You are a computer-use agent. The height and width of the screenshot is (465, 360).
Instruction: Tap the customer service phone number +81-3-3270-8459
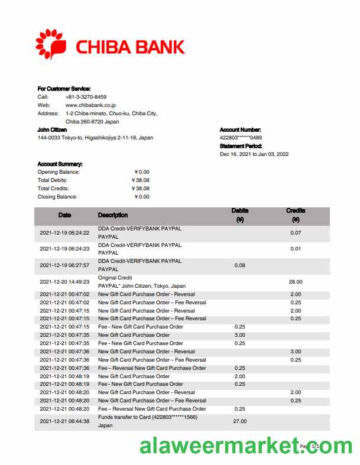click(86, 97)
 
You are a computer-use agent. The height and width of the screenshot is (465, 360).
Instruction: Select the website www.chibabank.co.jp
click(90, 105)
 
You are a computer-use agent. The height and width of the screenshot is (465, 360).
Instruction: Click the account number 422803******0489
click(241, 138)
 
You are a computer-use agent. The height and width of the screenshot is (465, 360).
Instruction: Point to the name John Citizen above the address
click(52, 129)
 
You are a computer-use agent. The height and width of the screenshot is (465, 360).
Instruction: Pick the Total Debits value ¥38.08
click(140, 180)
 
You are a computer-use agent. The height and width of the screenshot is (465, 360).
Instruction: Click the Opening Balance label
click(58, 172)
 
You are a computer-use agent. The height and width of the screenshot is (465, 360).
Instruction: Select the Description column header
click(112, 215)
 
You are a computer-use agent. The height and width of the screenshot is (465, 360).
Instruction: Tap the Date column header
click(64, 215)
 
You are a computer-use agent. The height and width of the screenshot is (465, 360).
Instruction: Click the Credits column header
click(296, 210)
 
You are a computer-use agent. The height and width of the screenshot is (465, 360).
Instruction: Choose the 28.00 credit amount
click(296, 282)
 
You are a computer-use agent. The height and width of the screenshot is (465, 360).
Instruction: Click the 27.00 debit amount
click(240, 421)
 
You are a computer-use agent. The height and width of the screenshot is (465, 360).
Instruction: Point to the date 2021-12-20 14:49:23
click(64, 282)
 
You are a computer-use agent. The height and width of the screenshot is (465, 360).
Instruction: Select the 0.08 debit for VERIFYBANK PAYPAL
click(240, 265)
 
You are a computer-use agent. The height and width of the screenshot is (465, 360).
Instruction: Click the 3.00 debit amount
click(240, 335)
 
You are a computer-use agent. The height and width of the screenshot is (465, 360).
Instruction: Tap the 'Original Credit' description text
click(115, 278)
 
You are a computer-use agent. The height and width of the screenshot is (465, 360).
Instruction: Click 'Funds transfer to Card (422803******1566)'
click(147, 417)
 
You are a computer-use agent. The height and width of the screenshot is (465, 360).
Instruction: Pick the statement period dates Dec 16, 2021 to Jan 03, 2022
click(254, 154)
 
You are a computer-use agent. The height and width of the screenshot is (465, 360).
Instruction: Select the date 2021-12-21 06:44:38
click(64, 421)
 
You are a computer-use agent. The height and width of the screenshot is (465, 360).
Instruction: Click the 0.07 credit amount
click(296, 233)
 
